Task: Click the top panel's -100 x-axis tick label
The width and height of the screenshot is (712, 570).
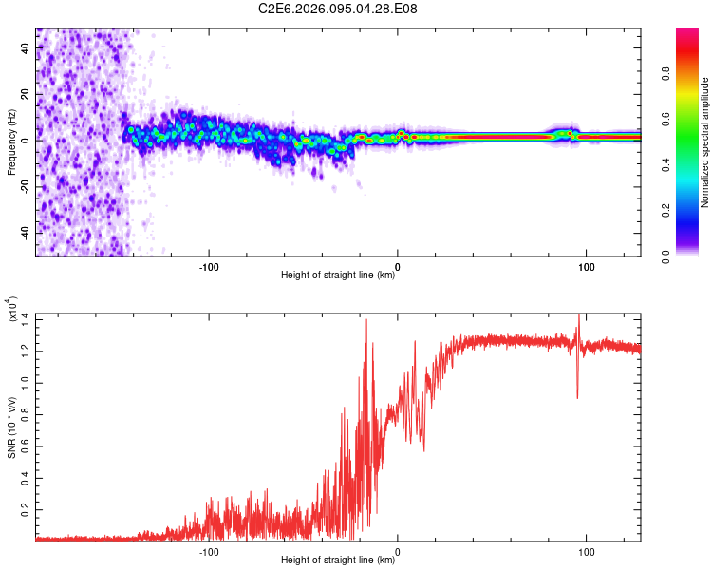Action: click(x=209, y=265)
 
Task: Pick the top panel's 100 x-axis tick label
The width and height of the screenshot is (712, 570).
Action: click(x=586, y=265)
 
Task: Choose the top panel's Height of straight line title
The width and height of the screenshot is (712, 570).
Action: click(x=338, y=275)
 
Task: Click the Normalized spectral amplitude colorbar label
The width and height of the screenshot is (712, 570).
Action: click(x=705, y=142)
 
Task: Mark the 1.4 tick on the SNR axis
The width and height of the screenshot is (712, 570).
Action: click(x=26, y=318)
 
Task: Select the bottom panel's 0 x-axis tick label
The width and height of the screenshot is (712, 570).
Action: click(x=397, y=550)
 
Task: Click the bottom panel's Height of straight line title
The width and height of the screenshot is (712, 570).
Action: click(x=338, y=560)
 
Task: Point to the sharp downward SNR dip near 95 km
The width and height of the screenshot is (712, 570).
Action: click(x=577, y=394)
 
